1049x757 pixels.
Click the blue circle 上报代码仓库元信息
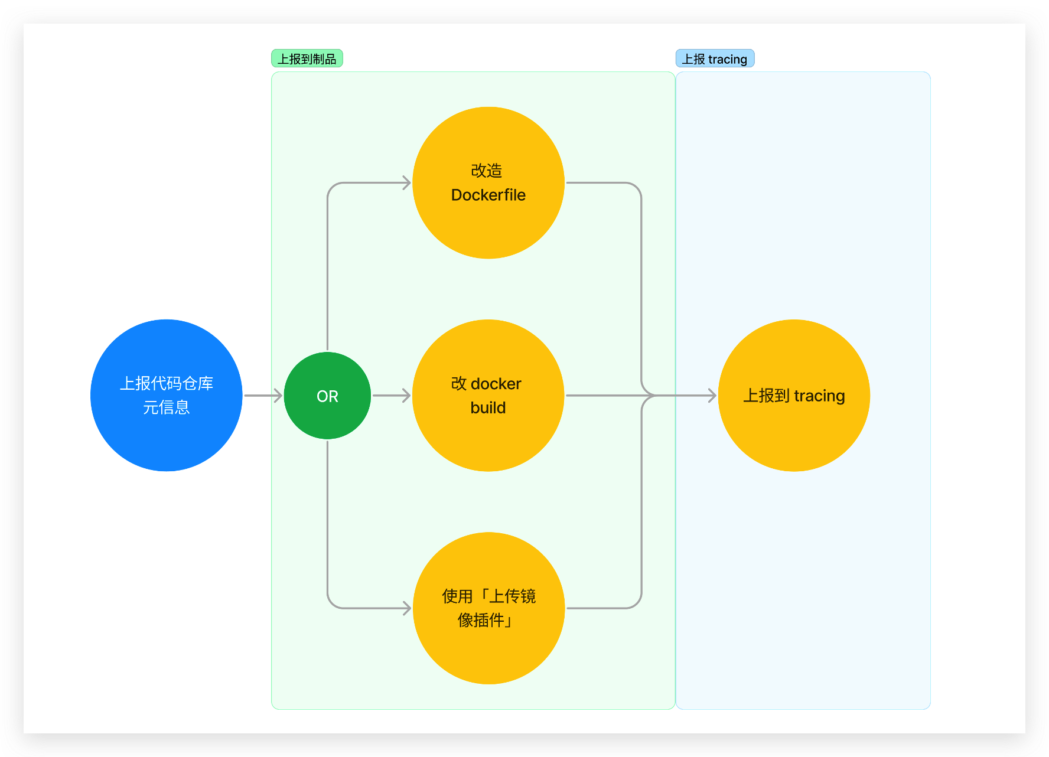(x=167, y=396)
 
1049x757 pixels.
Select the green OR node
(x=327, y=396)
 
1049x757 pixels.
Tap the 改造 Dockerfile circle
(x=488, y=182)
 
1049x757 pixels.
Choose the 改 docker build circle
(x=488, y=396)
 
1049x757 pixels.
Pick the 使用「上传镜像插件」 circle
(x=488, y=608)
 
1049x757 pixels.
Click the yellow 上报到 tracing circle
(x=794, y=396)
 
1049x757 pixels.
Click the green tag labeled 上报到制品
(x=307, y=58)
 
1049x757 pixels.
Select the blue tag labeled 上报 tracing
(x=715, y=58)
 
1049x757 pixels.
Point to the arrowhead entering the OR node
(x=278, y=396)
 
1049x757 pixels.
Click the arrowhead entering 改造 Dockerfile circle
(x=407, y=182)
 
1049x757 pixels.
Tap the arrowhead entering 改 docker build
(x=407, y=396)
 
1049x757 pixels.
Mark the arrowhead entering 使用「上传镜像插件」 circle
(x=407, y=608)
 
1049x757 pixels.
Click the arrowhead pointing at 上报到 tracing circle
(x=712, y=396)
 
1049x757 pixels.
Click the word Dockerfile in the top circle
(x=488, y=195)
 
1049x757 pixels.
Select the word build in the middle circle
(x=488, y=407)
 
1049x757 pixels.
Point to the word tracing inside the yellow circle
(x=819, y=396)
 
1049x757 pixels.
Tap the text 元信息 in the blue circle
(x=167, y=407)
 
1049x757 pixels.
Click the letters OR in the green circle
(x=327, y=396)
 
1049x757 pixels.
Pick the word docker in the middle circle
(x=496, y=384)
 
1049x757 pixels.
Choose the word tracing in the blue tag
(x=728, y=60)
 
